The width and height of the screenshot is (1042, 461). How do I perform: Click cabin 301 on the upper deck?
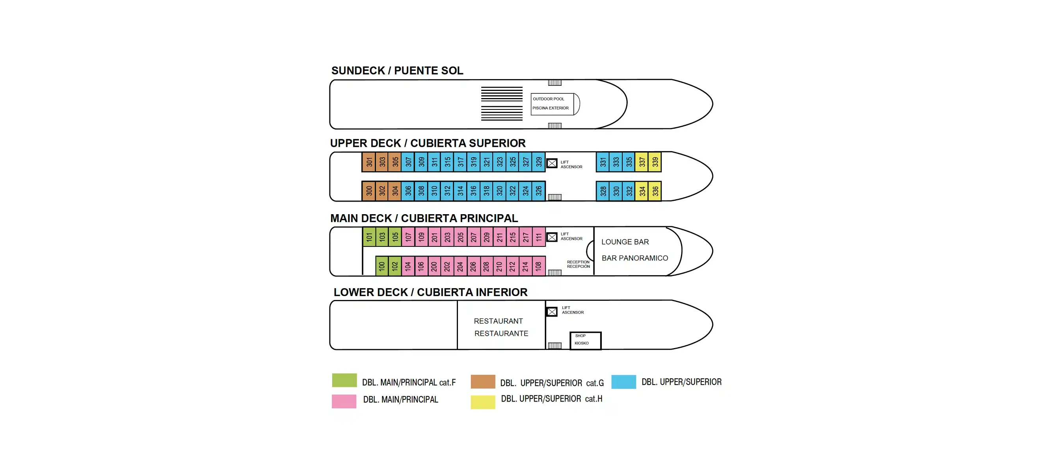pyautogui.click(x=368, y=162)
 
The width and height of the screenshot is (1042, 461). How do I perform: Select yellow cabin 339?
pyautogui.click(x=655, y=162)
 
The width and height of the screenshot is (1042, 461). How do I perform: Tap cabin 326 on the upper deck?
pyautogui.click(x=538, y=191)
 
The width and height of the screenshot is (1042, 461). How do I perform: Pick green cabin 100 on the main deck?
pyautogui.click(x=381, y=266)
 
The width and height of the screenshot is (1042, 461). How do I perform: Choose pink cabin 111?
pyautogui.click(x=538, y=237)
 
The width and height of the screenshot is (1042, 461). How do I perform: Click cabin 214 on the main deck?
pyautogui.click(x=525, y=266)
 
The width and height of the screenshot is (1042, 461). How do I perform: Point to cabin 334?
pyautogui.click(x=642, y=191)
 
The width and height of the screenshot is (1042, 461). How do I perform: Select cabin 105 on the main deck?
pyautogui.click(x=395, y=237)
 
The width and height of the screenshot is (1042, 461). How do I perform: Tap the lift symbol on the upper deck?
pyautogui.click(x=552, y=163)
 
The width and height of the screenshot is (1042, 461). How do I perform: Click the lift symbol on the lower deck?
pyautogui.click(x=552, y=311)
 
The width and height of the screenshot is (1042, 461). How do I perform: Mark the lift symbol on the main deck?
pyautogui.click(x=552, y=237)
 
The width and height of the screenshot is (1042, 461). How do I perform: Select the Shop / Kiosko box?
pyautogui.click(x=585, y=340)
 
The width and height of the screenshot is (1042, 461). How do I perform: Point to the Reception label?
pyautogui.click(x=578, y=264)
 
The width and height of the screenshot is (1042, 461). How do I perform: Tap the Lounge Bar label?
pyautogui.click(x=625, y=242)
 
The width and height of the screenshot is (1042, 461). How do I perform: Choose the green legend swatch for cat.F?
pyautogui.click(x=344, y=380)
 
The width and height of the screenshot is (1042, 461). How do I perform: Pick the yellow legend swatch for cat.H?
pyautogui.click(x=482, y=402)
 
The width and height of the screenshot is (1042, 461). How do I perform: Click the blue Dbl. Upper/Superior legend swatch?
pyautogui.click(x=623, y=382)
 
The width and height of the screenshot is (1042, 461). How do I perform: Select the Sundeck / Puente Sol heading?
pyautogui.click(x=397, y=71)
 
